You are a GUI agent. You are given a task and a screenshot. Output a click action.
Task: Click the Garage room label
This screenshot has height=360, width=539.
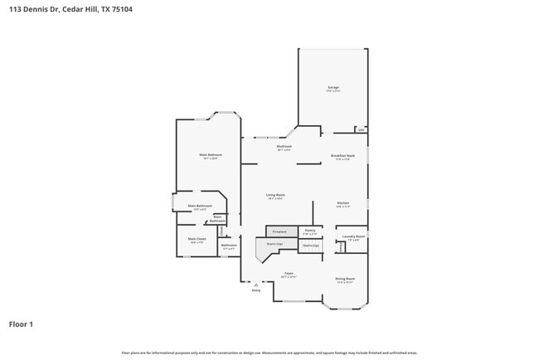point(333,87)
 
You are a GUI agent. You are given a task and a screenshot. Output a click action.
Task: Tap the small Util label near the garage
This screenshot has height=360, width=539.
point(360,129)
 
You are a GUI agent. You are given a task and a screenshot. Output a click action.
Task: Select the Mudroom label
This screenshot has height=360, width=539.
point(284,147)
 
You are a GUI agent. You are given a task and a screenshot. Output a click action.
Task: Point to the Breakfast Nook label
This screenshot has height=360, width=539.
point(343,156)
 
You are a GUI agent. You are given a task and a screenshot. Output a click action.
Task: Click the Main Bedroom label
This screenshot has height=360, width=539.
point(210,155)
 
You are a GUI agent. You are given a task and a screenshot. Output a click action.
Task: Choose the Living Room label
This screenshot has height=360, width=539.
point(276,196)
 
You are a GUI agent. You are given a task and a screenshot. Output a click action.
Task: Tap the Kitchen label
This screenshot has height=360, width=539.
point(342,203)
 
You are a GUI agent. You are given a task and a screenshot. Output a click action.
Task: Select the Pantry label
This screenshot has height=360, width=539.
point(309,231)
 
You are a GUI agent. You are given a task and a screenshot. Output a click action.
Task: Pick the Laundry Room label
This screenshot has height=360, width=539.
point(354,236)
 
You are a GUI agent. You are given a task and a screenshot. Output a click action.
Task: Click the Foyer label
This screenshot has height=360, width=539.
point(289,273)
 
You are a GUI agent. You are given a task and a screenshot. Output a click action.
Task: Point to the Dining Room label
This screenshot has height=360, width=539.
point(345,279)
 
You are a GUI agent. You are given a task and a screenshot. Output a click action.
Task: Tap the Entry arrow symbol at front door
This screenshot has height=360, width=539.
point(255,285)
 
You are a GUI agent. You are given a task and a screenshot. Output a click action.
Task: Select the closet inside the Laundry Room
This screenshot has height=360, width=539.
point(341,246)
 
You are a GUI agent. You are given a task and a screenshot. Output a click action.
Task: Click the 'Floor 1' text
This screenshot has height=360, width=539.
point(21,324)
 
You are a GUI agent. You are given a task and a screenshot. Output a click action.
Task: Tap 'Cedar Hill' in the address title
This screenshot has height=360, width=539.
point(81,9)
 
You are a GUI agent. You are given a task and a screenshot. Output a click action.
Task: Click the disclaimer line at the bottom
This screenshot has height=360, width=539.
point(269,353)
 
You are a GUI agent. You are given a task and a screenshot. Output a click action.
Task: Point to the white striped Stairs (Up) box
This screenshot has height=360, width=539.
point(311,246)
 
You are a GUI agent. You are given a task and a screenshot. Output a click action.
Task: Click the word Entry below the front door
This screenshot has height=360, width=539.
point(255,290)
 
